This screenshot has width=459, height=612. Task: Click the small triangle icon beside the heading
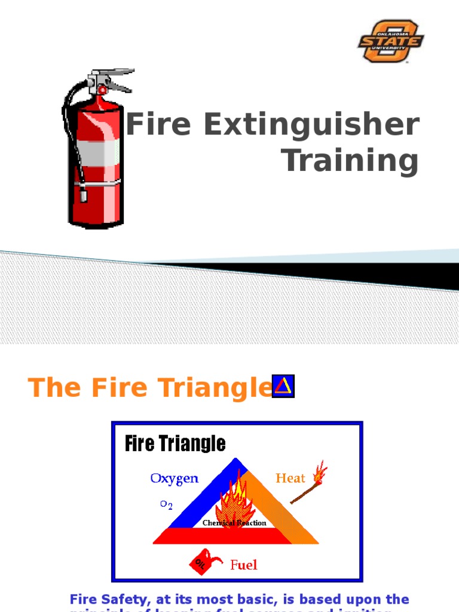[x=283, y=386]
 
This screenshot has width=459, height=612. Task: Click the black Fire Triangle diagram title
[x=175, y=443]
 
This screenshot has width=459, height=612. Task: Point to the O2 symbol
[x=166, y=504]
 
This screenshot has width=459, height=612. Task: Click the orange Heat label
[x=290, y=478]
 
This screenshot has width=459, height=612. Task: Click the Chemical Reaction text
[x=234, y=523]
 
